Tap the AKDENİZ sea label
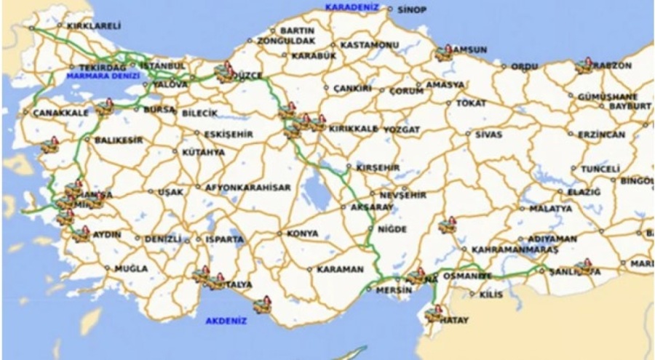pyautogui.click(x=226, y=320)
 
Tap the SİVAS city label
pyautogui.click(x=488, y=134)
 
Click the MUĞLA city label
pyautogui.click(x=131, y=268)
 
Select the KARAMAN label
pyautogui.click(x=340, y=269)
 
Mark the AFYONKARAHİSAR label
pyautogui.click(x=248, y=187)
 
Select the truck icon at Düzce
pyautogui.click(x=226, y=73)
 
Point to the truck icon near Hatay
pyautogui.click(x=434, y=314)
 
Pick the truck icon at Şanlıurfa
pyautogui.click(x=582, y=268)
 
